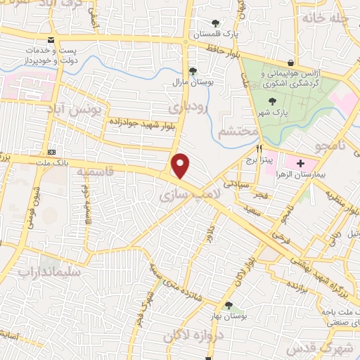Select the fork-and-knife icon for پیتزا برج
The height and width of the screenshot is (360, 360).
pyautogui.click(x=259, y=149)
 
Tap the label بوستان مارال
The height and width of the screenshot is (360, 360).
pyautogui.click(x=193, y=82)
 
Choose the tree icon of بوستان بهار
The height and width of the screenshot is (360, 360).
pyautogui.click(x=229, y=304)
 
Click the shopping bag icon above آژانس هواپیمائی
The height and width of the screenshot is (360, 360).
pyautogui.click(x=291, y=61)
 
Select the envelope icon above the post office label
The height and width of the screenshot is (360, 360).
pyautogui.click(x=49, y=41)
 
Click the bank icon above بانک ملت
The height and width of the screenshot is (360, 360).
pyautogui.click(x=51, y=152)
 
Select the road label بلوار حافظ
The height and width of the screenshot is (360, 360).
pyautogui.click(x=224, y=49)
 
